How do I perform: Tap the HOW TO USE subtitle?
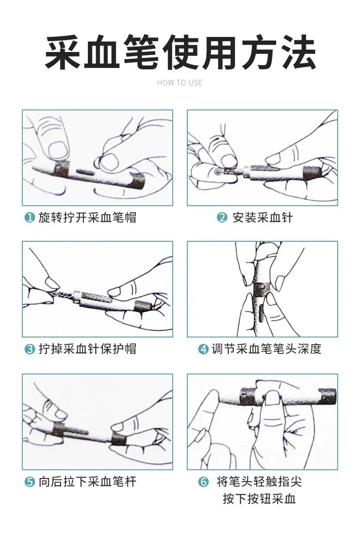tap(180, 83)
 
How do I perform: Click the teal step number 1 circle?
tap(30, 218)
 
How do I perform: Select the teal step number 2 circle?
tap(222, 218)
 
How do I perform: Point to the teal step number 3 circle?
tap(30, 349)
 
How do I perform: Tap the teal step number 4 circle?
tap(204, 349)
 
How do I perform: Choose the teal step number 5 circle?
tap(30, 482)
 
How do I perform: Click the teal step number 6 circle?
tap(204, 482)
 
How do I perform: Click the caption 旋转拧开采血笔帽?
tap(87, 218)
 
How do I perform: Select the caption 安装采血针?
tap(262, 218)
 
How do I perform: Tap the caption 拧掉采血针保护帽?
tap(87, 349)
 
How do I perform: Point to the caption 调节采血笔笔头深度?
tap(266, 349)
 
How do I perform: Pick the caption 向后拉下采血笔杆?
tap(87, 482)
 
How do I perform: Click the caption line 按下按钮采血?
tap(259, 499)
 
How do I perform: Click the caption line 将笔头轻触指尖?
tap(259, 482)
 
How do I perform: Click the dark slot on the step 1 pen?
tap(87, 171)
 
